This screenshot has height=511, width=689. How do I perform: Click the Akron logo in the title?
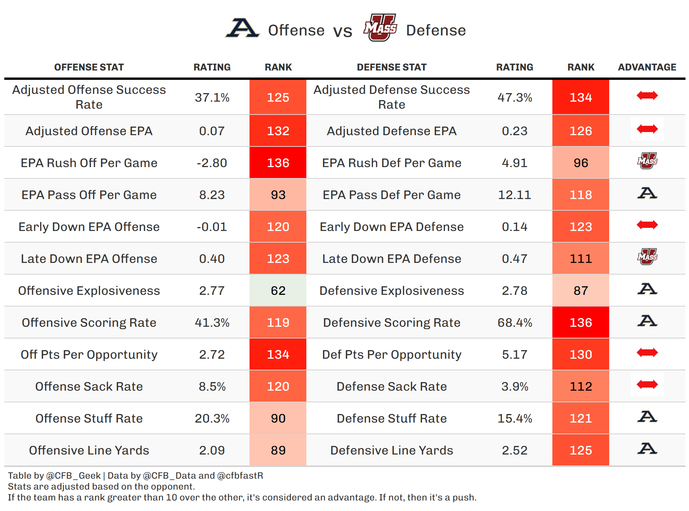242,28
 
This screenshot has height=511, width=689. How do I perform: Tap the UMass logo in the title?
380,28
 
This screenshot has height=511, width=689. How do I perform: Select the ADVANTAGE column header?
647,67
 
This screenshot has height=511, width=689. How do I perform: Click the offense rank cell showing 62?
278,291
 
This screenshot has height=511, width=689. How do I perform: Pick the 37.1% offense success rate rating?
212,97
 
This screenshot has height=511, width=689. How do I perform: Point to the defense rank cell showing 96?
581,163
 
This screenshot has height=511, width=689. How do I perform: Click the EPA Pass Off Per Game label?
89,195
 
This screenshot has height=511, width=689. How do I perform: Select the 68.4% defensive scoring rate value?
515,322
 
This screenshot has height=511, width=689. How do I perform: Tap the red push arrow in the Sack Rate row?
647,385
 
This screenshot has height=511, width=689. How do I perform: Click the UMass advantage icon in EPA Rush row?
647,161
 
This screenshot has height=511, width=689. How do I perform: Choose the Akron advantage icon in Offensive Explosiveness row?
647,289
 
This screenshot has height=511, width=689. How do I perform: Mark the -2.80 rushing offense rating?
212,163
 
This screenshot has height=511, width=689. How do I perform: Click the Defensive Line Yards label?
392,450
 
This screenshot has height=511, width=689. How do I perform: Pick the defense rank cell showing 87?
581,291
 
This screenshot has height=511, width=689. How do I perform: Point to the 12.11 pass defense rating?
515,195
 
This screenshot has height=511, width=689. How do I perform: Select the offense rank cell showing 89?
278,450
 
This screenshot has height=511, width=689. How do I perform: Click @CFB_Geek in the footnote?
74,476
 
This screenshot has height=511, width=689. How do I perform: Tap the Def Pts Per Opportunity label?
392,354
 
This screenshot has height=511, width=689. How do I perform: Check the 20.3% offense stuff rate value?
212,418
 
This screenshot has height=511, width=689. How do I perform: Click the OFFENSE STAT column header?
89,67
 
